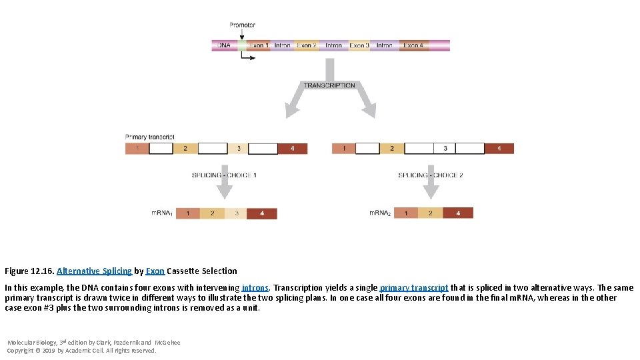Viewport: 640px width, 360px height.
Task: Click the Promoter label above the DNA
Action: point(242,25)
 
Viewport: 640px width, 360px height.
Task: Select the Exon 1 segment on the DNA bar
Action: point(257,45)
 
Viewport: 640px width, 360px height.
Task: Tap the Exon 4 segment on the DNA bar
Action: point(413,45)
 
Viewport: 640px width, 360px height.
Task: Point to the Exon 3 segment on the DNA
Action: point(359,45)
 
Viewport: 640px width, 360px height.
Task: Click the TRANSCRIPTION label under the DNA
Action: point(329,85)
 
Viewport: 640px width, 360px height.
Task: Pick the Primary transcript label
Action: point(149,137)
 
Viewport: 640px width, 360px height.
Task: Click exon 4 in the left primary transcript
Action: point(293,148)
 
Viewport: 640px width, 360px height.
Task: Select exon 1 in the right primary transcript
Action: point(343,148)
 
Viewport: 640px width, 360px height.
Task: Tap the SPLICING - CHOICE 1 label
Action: point(224,175)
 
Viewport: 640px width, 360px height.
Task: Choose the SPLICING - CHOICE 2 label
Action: point(431,175)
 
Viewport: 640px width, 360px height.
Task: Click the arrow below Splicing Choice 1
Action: point(225,191)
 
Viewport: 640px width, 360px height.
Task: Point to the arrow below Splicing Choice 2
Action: point(431,191)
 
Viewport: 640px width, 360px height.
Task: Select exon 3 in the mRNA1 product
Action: point(236,213)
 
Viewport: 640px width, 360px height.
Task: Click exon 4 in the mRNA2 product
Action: point(457,213)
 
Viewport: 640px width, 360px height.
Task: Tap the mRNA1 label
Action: point(162,213)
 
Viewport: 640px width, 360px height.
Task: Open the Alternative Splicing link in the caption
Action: point(94,271)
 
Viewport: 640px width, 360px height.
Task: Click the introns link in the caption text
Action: point(255,288)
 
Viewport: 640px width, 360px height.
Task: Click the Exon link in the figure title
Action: point(155,271)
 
